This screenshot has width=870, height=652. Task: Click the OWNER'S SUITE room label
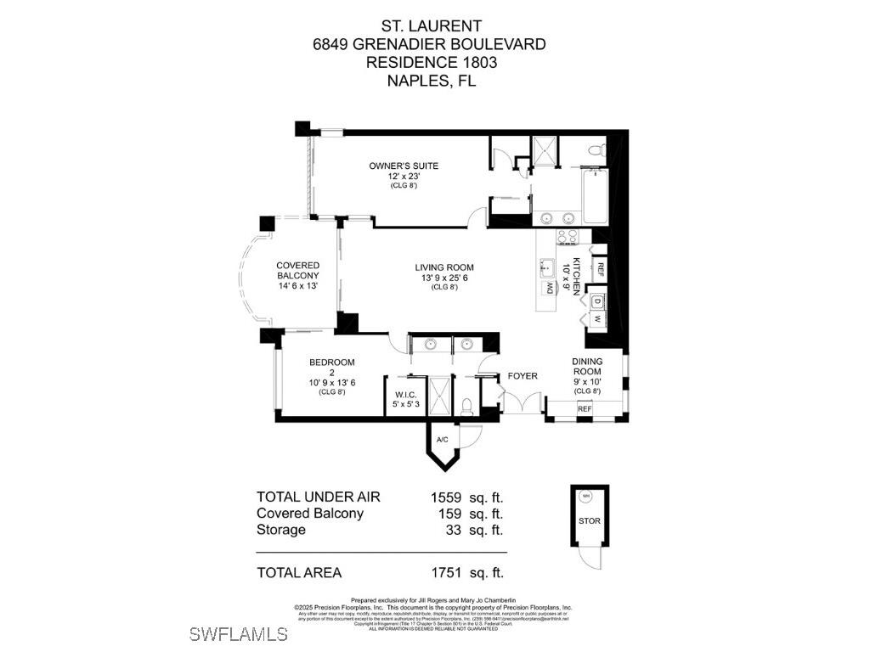click(404, 166)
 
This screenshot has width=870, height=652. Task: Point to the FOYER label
click(523, 376)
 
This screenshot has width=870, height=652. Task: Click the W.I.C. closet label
click(404, 395)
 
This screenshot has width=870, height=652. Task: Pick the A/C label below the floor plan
click(442, 440)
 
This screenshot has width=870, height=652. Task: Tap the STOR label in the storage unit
click(589, 520)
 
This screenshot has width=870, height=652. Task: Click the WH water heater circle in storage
click(585, 497)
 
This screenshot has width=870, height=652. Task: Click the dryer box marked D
click(597, 301)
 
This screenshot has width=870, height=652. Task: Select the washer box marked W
click(597, 319)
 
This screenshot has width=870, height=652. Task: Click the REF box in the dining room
click(585, 409)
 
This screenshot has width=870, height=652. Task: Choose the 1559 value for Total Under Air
click(445, 497)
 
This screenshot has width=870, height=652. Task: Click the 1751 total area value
click(445, 573)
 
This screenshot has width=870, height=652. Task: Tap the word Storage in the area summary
click(281, 530)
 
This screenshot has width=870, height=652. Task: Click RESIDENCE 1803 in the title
click(431, 62)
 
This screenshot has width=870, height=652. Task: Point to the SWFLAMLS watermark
click(238, 634)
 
